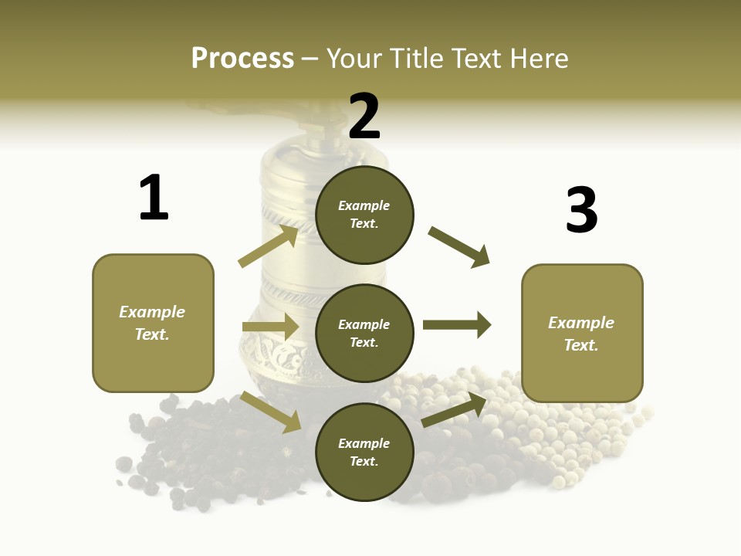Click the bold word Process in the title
242,59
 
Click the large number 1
154,198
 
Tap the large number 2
364,116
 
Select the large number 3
581,210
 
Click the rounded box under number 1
153,323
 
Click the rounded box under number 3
582,333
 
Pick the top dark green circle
365,215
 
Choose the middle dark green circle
365,333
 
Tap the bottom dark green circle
365,452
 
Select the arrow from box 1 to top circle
268,246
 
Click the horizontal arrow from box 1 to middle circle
269,327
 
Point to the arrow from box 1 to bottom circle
270,412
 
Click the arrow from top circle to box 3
459,247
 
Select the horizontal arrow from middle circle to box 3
456,325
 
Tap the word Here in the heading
540,59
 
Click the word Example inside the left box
152,312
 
